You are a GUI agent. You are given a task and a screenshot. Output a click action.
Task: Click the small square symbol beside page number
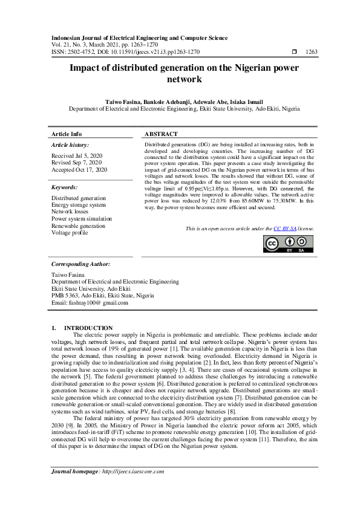[x=294, y=53]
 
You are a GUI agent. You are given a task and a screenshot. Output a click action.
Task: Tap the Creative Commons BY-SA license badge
[x=288, y=243]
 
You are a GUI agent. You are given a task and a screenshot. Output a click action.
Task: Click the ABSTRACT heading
[x=161, y=134]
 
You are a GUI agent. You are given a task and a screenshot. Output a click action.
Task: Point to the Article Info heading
[x=67, y=134]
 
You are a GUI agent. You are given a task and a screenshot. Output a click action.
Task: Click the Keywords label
[x=65, y=188]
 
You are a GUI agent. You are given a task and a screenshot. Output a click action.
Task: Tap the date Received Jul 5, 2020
[x=77, y=156]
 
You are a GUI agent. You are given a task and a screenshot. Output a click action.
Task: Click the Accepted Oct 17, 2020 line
[x=79, y=170]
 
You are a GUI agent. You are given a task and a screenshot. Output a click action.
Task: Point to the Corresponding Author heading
[x=80, y=264]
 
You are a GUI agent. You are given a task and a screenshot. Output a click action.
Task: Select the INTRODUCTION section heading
[x=89, y=328]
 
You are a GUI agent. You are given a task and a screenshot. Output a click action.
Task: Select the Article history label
[x=70, y=145]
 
